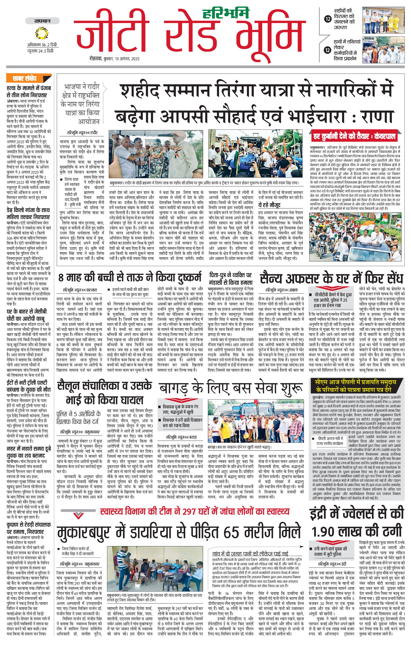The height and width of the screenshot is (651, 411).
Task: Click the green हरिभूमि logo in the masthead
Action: pyautogui.click(x=226, y=13)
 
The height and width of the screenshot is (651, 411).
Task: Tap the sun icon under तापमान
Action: pyautogui.click(x=42, y=33)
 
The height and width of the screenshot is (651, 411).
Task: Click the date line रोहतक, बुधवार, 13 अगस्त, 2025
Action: pyautogui.click(x=114, y=59)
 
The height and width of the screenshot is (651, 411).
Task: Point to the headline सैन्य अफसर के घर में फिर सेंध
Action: pyautogui.click(x=331, y=278)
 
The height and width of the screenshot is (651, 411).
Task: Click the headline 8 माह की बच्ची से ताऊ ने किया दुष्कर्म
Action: pyautogui.click(x=130, y=278)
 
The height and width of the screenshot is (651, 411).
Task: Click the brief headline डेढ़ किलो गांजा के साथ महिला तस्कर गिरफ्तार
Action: pyautogui.click(x=28, y=213)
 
